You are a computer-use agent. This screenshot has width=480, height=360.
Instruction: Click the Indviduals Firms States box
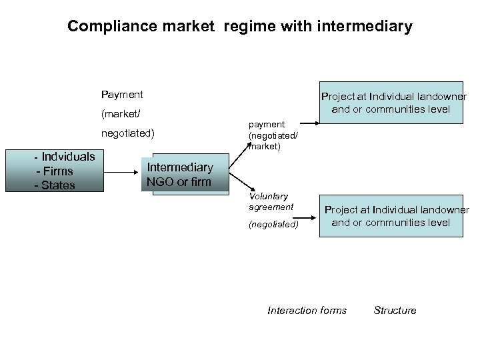(64, 171)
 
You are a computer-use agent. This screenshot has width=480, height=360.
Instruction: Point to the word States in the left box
(58, 185)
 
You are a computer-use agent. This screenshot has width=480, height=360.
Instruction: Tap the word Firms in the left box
(57, 171)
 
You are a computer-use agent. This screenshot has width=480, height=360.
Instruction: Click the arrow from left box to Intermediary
(123, 171)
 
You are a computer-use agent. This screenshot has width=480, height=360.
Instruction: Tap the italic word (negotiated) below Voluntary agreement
(273, 224)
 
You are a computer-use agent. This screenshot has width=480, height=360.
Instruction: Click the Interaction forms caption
(307, 310)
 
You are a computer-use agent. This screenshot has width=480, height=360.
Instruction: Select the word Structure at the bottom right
(395, 310)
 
